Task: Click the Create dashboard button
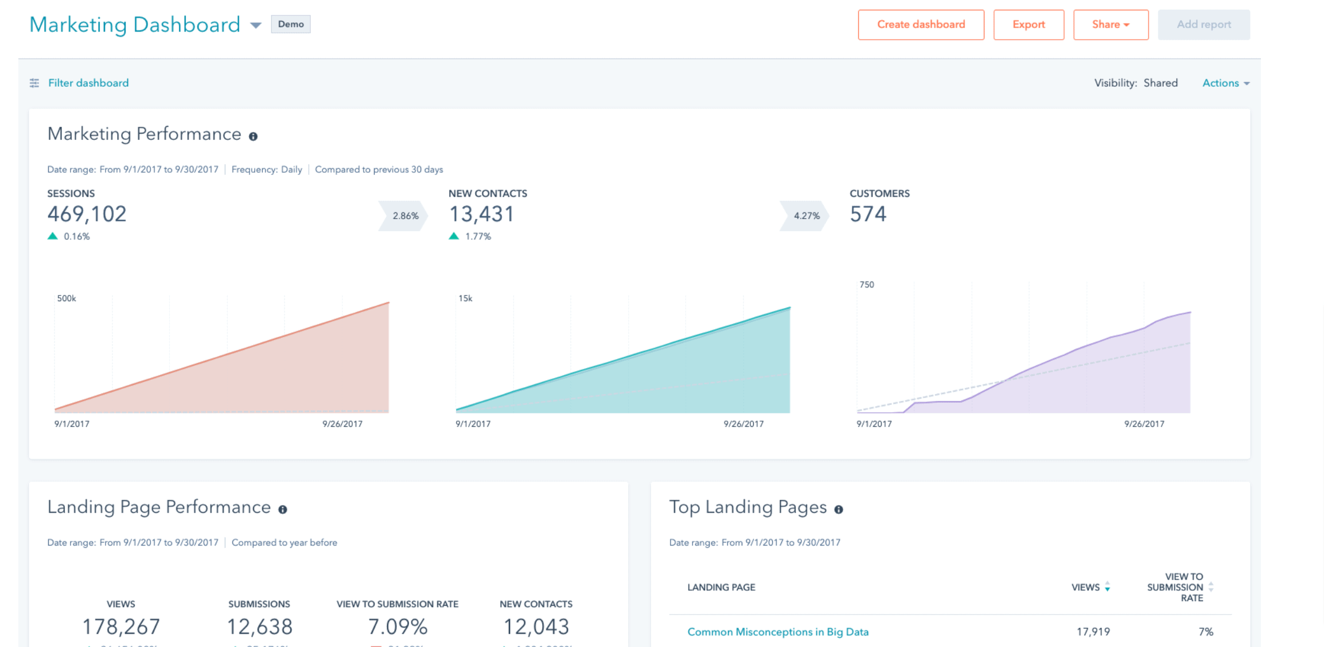coord(921,25)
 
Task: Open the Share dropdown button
coord(1111,25)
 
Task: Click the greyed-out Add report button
coord(1204,25)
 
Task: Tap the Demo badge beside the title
coord(291,24)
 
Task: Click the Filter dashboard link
coord(88,83)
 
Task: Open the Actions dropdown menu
coord(1225,83)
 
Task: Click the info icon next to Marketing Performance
coord(253,137)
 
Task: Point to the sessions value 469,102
coord(87,214)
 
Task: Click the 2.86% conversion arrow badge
coord(404,216)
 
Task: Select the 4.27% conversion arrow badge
coord(805,216)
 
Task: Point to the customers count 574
coord(868,214)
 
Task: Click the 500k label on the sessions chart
coord(67,298)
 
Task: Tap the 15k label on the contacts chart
coord(465,298)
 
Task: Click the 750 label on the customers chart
coord(867,284)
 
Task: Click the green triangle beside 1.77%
coord(454,236)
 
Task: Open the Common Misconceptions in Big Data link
coord(778,632)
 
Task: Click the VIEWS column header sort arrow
coord(1107,587)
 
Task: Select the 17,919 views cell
coord(1093,632)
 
